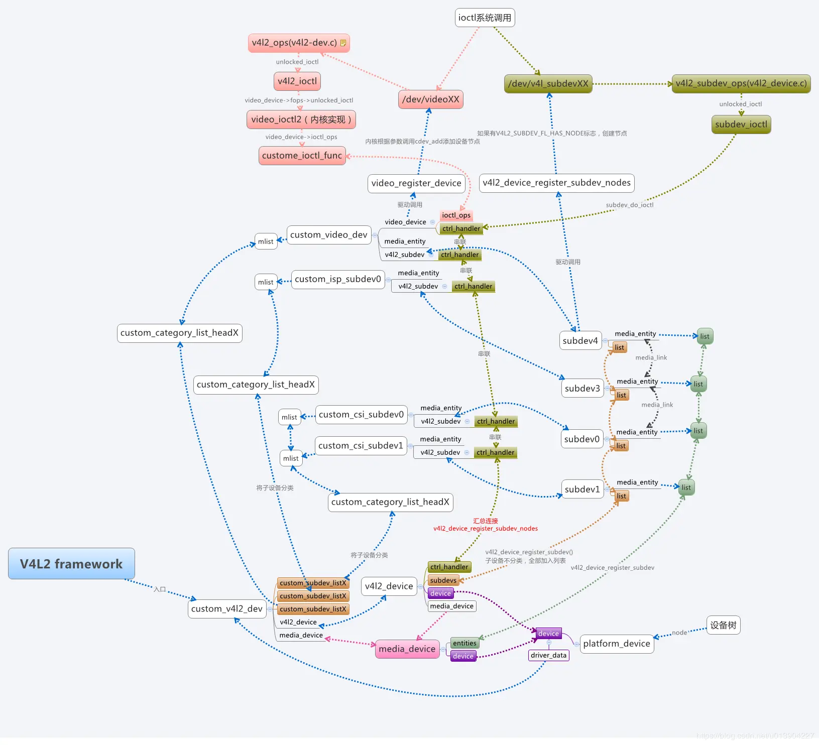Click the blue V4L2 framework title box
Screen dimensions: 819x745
[x=71, y=564]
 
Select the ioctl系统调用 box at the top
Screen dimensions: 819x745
[x=485, y=18]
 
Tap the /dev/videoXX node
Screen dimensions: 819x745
[x=430, y=99]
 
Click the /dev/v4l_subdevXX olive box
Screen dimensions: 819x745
[x=548, y=84]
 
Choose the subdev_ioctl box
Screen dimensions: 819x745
[x=741, y=125]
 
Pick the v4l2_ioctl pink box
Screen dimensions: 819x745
[x=297, y=81]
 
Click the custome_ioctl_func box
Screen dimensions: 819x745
[x=302, y=156]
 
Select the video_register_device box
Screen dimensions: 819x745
[x=416, y=183]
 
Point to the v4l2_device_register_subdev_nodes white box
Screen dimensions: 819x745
[x=556, y=183]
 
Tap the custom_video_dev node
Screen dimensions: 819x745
[x=329, y=235]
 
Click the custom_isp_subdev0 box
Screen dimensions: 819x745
[x=338, y=279]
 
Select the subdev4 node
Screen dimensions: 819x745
[x=580, y=341]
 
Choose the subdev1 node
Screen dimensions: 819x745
[x=582, y=489]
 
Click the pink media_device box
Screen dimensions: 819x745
[x=407, y=649]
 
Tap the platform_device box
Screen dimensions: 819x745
[x=617, y=644]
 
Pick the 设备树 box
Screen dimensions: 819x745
[x=723, y=625]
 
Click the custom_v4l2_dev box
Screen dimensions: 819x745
[x=227, y=609]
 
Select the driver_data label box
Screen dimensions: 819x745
[x=548, y=655]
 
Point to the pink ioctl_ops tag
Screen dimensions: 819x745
[x=456, y=215]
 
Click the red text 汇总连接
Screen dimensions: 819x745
[x=486, y=521]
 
